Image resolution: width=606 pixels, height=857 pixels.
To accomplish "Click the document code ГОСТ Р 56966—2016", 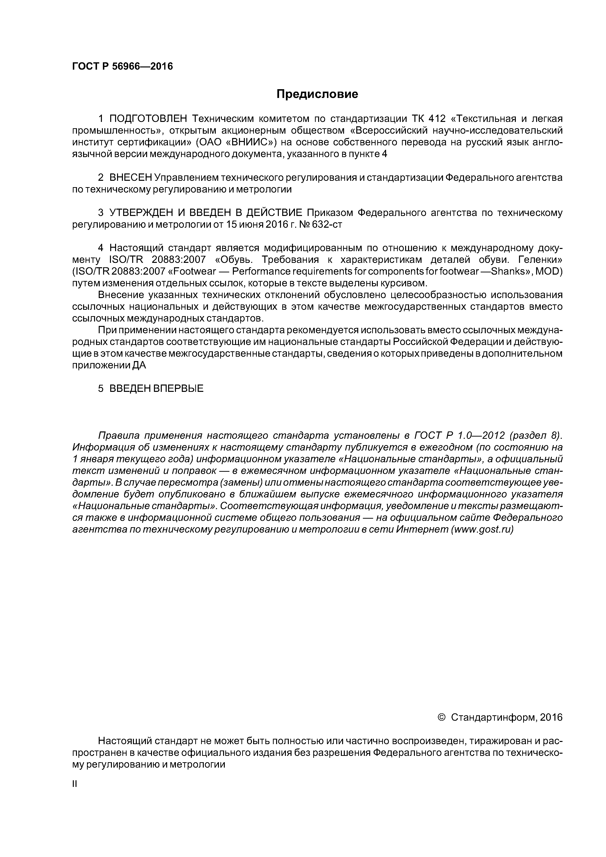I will pos(122,66).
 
